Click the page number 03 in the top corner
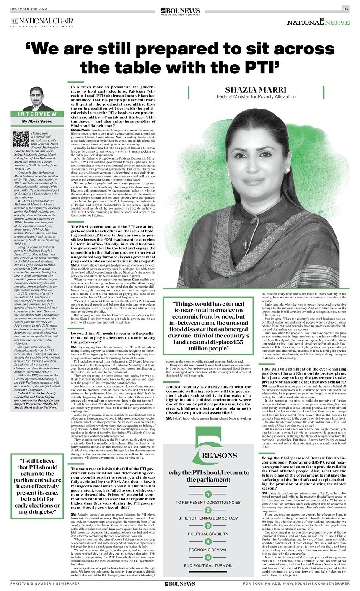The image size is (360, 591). pos(346,9)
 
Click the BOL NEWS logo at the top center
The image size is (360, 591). pos(180,11)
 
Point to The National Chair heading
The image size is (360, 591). pos(42,21)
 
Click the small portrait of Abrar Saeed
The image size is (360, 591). pos(37,99)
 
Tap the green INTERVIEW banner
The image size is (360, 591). pos(37,114)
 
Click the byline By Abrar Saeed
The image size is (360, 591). pos(37,122)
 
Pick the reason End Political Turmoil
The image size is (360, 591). pos(207,565)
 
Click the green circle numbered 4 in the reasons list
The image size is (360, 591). pos(207,542)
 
